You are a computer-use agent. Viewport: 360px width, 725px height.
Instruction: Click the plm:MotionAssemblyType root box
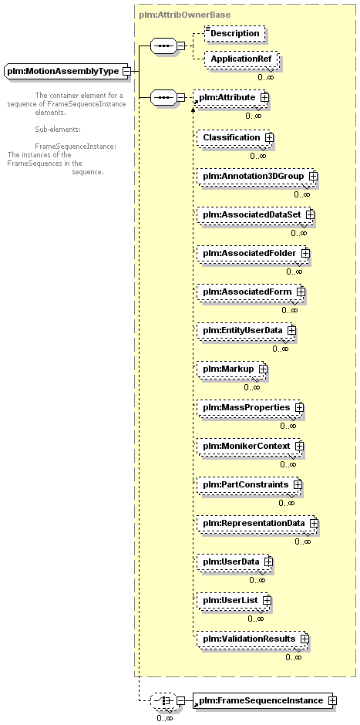click(66, 71)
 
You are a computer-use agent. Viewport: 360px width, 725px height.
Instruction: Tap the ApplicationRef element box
click(241, 59)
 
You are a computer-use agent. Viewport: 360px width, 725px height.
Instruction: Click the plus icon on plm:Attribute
click(265, 97)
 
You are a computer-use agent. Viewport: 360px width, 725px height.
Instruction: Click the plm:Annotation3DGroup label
click(254, 176)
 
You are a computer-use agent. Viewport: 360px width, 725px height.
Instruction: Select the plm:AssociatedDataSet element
click(254, 215)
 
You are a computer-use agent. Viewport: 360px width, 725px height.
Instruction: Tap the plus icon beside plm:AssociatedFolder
click(305, 254)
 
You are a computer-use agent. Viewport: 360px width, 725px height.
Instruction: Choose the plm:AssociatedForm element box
click(250, 292)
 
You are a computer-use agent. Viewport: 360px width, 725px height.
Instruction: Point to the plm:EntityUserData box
click(245, 331)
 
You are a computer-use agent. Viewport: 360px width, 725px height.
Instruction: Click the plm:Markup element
click(231, 369)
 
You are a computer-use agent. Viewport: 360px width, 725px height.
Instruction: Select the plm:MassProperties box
click(249, 408)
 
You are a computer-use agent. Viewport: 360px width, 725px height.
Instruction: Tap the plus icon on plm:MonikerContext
click(299, 447)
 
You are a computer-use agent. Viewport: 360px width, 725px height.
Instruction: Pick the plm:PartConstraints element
click(249, 484)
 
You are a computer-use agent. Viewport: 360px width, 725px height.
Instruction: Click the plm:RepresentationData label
click(254, 523)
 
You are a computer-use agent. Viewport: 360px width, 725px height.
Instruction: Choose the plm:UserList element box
click(233, 600)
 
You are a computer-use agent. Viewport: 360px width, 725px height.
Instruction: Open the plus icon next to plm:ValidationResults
click(304, 639)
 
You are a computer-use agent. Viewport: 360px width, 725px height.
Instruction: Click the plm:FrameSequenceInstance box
click(262, 700)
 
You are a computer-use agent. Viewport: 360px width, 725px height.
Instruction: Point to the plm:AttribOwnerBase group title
click(185, 15)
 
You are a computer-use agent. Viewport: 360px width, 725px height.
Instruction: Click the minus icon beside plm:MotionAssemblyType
click(126, 71)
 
